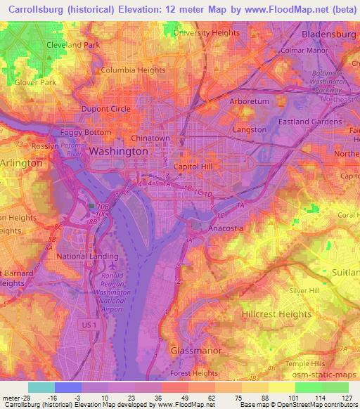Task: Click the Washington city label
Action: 118,151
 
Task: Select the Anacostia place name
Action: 226,228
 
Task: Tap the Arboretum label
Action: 250,101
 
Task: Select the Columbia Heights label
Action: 133,70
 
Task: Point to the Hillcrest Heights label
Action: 276,314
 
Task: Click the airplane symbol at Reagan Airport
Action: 114,267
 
